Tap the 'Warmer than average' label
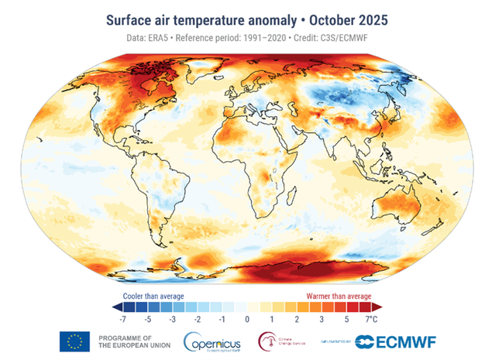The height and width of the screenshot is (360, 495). click(335, 296)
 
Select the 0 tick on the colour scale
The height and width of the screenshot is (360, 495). click(247, 318)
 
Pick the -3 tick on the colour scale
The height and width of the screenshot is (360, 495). click(172, 318)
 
